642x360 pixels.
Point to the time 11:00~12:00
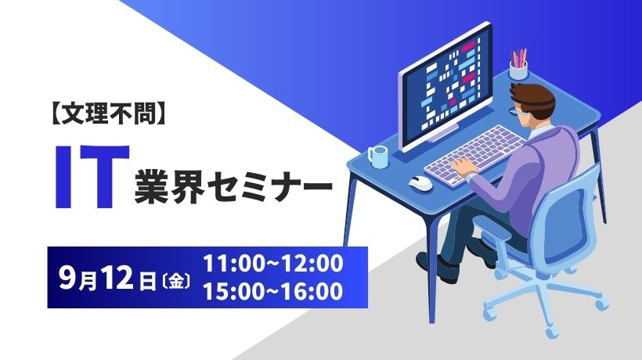[273, 264]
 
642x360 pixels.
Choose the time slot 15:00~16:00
[273, 291]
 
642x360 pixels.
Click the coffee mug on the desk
[377, 157]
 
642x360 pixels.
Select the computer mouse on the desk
[420, 182]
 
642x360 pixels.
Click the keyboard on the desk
[474, 155]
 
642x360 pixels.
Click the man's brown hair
[533, 97]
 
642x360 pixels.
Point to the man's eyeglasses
[517, 110]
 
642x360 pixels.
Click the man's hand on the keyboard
[463, 167]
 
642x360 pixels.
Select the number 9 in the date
[67, 278]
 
